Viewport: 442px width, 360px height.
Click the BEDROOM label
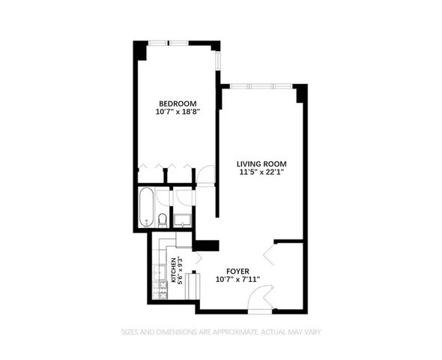(x=177, y=104)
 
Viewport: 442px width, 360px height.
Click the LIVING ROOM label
(x=261, y=163)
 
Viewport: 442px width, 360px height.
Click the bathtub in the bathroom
(x=146, y=208)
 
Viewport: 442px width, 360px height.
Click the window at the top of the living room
(x=261, y=85)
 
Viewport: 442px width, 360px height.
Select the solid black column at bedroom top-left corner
(x=139, y=49)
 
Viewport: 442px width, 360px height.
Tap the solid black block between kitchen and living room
(x=205, y=244)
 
